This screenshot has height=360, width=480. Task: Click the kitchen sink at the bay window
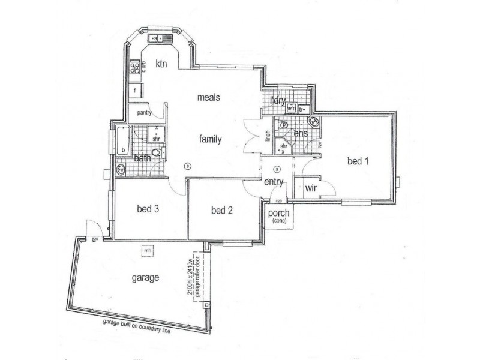click(160, 39)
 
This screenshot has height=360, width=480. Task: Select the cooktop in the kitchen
click(135, 67)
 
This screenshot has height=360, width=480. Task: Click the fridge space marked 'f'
click(136, 91)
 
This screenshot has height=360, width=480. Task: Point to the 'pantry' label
click(143, 112)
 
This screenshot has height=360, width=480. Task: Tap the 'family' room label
click(211, 139)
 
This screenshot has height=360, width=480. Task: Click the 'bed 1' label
click(359, 161)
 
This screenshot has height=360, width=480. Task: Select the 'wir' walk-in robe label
click(311, 188)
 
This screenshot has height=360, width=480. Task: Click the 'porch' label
click(278, 213)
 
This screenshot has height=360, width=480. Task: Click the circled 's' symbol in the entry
click(277, 168)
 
